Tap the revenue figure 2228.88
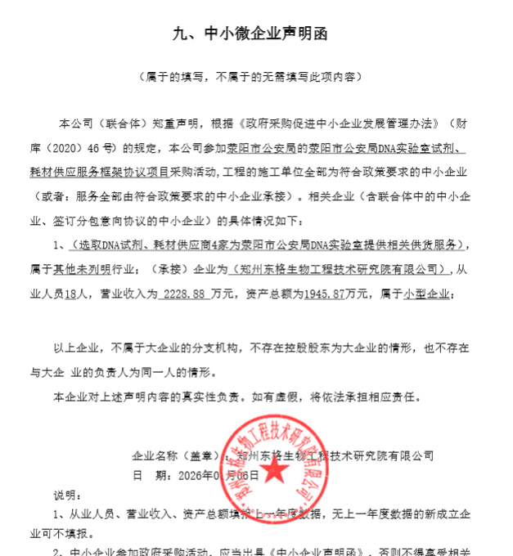tap(183, 293)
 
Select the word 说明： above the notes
tap(68, 495)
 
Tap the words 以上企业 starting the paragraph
tap(72, 348)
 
